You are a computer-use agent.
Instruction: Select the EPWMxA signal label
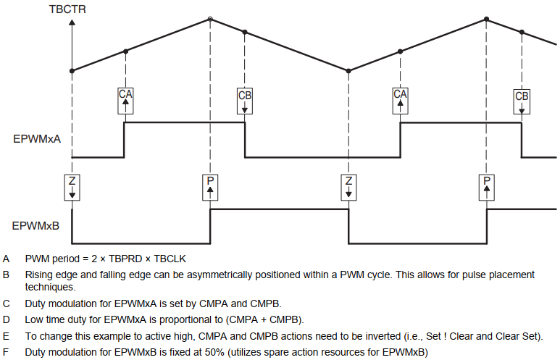click(x=36, y=138)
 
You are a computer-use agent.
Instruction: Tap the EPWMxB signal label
click(x=36, y=225)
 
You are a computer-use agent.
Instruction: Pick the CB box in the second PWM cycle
click(x=522, y=101)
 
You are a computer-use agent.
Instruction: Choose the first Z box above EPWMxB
click(x=72, y=187)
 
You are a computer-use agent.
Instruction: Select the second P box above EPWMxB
click(x=487, y=187)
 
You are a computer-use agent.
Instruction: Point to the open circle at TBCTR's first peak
click(x=210, y=18)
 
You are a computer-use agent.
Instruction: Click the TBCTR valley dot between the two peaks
click(x=349, y=71)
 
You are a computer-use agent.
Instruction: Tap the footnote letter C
click(x=7, y=304)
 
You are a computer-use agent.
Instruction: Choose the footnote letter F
click(x=7, y=352)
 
